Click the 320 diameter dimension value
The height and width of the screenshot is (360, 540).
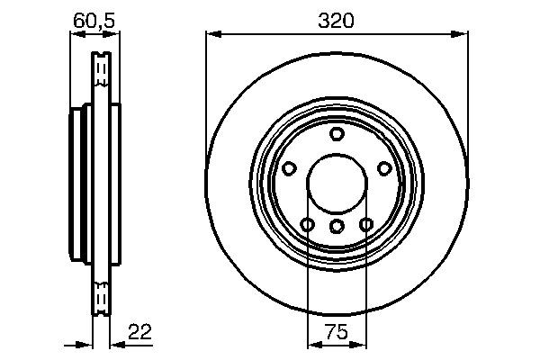[337, 19]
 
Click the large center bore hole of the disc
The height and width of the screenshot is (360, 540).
[337, 184]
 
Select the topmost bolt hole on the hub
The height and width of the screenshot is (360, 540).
[337, 134]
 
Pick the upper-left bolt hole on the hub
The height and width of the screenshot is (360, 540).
[289, 168]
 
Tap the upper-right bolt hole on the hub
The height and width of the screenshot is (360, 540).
[385, 168]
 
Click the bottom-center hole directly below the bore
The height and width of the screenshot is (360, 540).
[337, 225]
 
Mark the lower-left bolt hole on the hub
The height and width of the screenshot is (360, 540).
[307, 224]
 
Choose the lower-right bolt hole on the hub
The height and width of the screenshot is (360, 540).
[366, 224]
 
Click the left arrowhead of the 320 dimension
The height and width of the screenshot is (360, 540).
[212, 34]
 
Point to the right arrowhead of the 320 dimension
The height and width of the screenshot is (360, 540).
[463, 34]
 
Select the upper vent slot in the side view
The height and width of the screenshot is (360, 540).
[102, 68]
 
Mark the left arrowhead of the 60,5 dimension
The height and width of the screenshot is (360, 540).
[76, 35]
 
